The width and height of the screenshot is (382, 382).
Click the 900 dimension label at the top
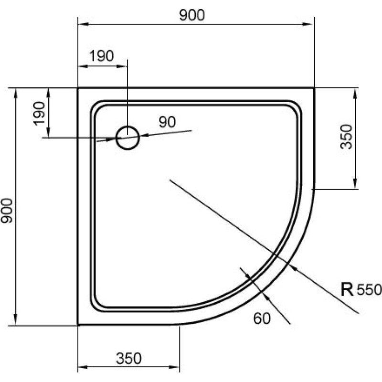pos(192,15)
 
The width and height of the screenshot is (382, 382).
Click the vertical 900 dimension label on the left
pos(7,211)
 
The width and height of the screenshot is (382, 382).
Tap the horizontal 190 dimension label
pos(102,56)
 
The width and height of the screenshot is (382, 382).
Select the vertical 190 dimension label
pos(39,114)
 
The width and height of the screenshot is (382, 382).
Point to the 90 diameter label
pos(167,122)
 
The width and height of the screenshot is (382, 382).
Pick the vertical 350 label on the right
pos(346,137)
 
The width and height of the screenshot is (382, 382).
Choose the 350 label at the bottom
pos(128,359)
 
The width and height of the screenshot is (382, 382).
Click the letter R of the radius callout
pos(347,290)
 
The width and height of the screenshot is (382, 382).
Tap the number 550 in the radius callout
pos(369,290)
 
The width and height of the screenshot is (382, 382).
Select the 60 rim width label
pos(262,318)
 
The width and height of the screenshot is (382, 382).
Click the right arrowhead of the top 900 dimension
pos(308,24)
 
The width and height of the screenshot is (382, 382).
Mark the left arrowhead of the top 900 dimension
pos(84,24)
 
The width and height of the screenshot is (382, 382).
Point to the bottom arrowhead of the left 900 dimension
pos(16,319)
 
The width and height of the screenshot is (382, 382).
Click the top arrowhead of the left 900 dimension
pos(16,94)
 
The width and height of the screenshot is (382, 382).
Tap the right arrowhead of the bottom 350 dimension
pos(174,367)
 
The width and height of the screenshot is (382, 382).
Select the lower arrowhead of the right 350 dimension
pos(355,183)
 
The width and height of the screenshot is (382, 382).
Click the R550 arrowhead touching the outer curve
pos(293,267)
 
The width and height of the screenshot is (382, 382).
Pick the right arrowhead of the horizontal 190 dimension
pos(121,66)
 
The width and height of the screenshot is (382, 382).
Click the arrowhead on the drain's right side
pos(145,136)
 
